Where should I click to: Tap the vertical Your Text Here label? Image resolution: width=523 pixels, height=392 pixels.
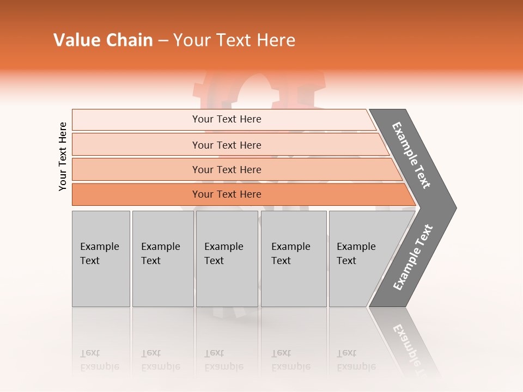pos(63,156)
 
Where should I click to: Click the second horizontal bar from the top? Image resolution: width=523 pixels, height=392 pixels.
pos(227,145)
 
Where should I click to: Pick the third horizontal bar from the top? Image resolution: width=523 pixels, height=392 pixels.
pos(227,169)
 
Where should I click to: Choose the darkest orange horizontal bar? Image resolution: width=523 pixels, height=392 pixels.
pos(227,194)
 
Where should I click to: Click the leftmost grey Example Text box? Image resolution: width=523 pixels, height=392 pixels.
pos(101,259)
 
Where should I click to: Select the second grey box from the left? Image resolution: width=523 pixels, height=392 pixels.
pos(162,259)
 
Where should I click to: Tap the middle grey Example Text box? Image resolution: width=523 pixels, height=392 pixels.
pos(227,259)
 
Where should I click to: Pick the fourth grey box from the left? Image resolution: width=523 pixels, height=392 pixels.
pos(294,259)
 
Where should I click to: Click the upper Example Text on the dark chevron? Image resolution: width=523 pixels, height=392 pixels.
pos(411,156)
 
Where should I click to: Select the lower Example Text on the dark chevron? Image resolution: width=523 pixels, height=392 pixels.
pos(412,258)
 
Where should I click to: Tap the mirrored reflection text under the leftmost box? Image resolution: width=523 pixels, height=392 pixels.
pos(100,360)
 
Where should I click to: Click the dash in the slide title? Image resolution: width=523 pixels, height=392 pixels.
pos(163,41)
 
